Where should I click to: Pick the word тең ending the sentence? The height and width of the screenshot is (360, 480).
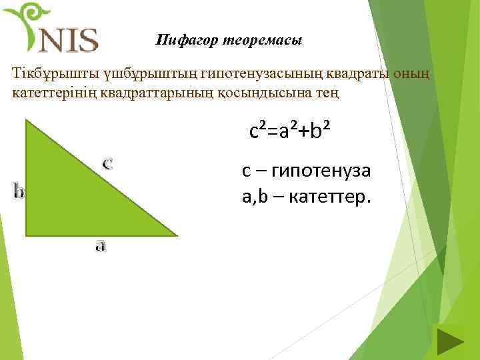[x=329, y=92]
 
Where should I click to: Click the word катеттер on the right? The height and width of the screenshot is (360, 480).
[x=331, y=198]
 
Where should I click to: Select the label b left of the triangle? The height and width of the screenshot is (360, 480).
[x=19, y=191]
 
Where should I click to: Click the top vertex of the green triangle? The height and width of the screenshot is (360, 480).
[x=26, y=120]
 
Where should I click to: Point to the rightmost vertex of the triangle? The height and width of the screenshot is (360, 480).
[x=177, y=235]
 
